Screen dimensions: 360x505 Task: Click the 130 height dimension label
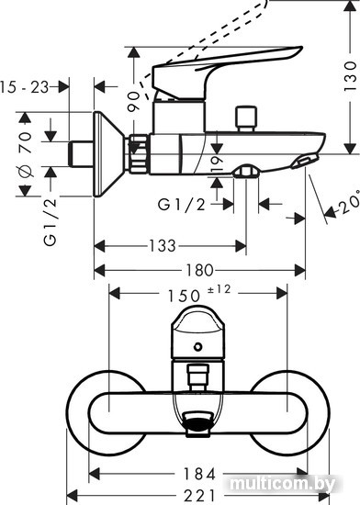click(x=351, y=76)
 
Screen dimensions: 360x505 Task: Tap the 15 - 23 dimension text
click(x=25, y=87)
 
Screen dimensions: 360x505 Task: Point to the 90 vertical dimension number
click(x=134, y=101)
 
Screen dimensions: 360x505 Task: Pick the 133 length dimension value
click(x=163, y=246)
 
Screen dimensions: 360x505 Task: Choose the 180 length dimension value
click(x=199, y=270)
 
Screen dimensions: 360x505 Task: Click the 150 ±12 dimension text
click(x=199, y=294)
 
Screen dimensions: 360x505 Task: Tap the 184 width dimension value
click(x=199, y=474)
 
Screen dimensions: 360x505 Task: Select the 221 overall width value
click(x=199, y=495)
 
